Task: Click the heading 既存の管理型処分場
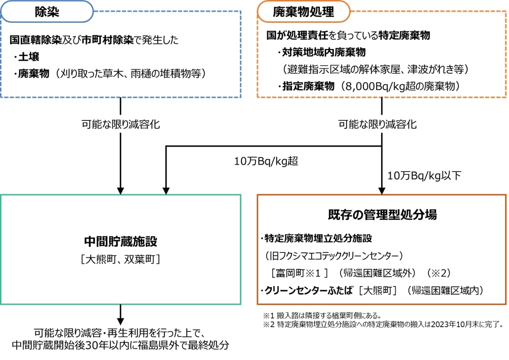tap(382, 214)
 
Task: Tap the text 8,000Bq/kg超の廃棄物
tap(400, 86)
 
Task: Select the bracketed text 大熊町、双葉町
tap(120, 259)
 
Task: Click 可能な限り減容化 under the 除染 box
tap(120, 124)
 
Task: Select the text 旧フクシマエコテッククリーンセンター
tap(333, 254)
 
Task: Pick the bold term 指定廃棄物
tap(310, 86)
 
